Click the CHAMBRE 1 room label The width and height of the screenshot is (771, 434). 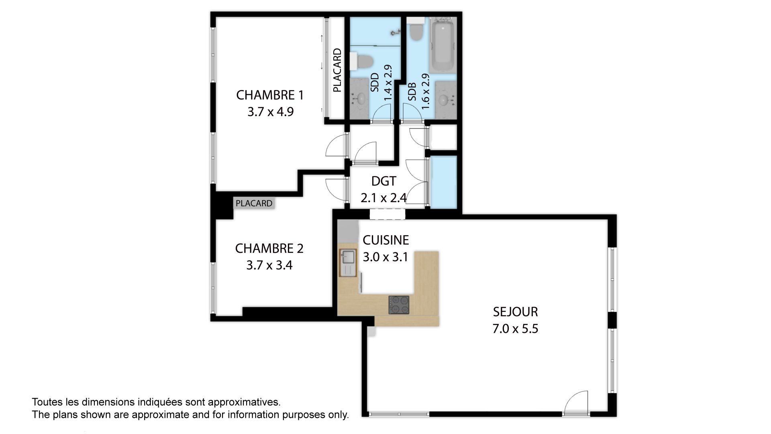270,95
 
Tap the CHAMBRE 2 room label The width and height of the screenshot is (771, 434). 269,248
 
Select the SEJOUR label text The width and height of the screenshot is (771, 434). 515,312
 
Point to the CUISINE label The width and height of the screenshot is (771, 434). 385,240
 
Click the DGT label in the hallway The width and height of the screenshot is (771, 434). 383,181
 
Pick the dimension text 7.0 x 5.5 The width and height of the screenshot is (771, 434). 515,329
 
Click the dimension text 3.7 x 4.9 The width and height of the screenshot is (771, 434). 270,112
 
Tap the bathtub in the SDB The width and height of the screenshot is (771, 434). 442,43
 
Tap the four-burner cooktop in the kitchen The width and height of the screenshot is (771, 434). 399,305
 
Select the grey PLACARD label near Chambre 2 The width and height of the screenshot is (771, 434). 254,203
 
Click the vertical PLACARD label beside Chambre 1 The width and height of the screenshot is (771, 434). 337,70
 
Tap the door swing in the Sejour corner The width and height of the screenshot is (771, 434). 576,402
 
